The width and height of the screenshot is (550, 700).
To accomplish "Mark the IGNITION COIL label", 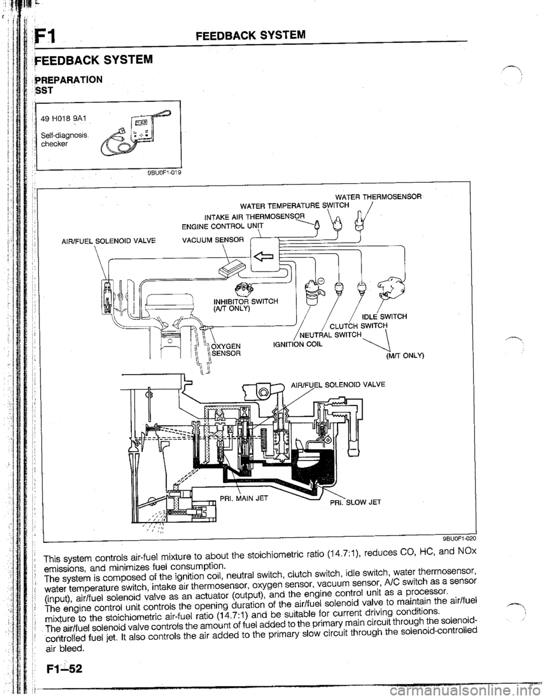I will click(288, 345).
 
